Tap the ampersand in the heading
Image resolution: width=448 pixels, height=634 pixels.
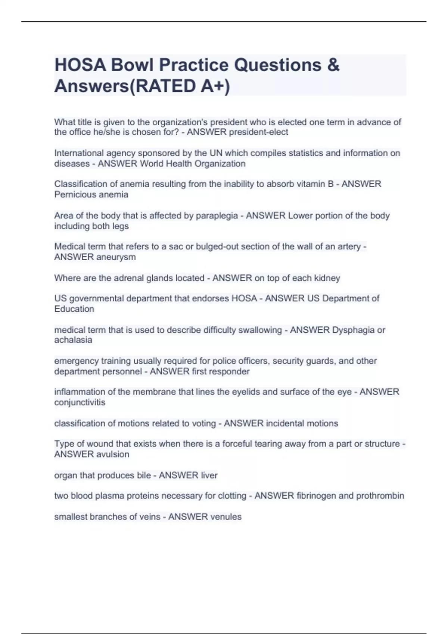click(333, 65)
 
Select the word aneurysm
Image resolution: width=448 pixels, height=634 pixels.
click(116, 257)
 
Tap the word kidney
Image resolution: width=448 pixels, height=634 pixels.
click(327, 278)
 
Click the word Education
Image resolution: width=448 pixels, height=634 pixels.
click(74, 309)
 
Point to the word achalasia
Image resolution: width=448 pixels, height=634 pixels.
click(73, 340)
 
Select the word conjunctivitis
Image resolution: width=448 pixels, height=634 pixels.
click(80, 402)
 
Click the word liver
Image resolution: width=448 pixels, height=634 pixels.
click(209, 475)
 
